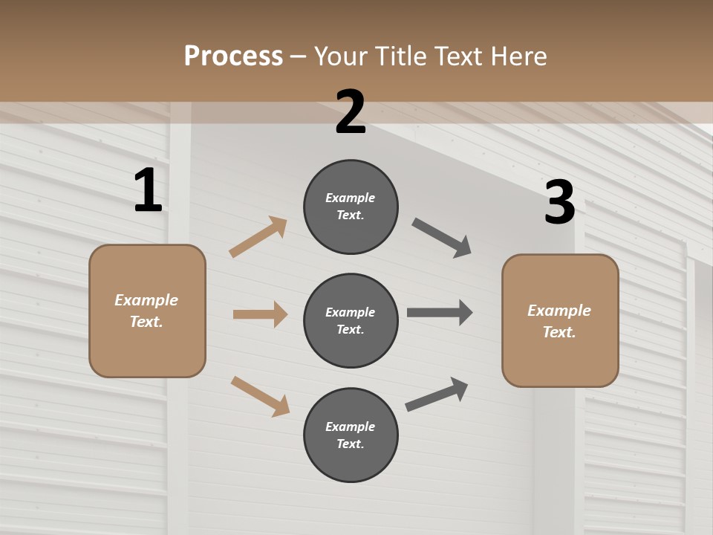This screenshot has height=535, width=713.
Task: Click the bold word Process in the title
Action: (x=233, y=56)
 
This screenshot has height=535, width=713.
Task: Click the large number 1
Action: (x=148, y=191)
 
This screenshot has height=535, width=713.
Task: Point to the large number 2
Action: (x=351, y=112)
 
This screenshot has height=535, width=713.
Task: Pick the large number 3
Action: (x=559, y=203)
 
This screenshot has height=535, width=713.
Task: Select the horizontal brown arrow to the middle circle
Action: (x=260, y=314)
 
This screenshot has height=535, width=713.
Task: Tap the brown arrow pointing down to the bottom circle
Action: (x=260, y=396)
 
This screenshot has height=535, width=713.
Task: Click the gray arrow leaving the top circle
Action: (x=441, y=238)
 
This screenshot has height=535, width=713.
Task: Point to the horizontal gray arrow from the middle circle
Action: (x=440, y=312)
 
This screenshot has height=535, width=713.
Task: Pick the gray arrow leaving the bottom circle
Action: (x=437, y=395)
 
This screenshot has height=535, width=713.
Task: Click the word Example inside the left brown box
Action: (x=146, y=300)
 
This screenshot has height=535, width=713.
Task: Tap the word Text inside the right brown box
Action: (x=559, y=332)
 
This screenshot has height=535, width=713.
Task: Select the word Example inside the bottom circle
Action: (x=350, y=427)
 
